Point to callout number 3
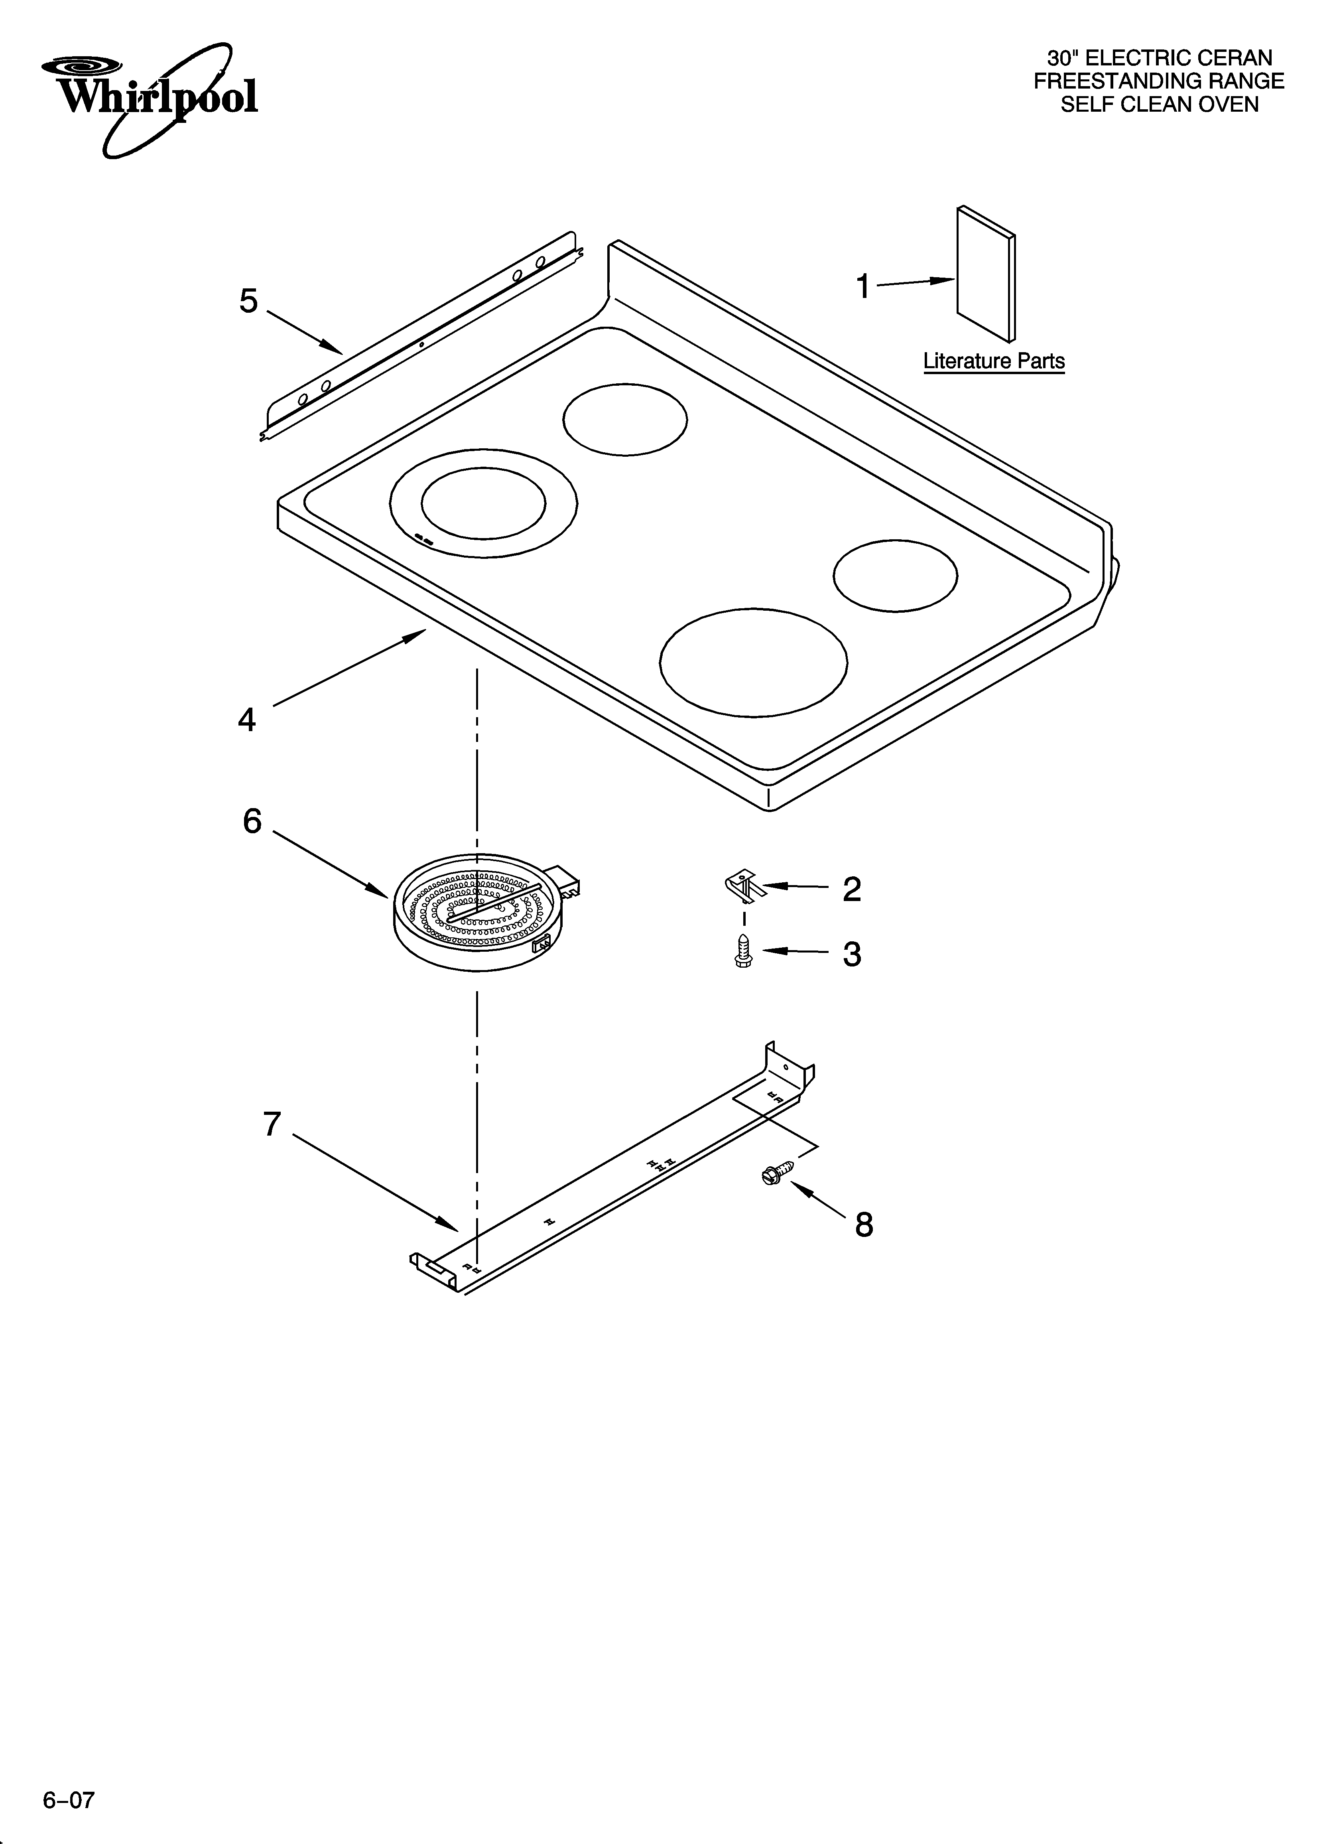[851, 954]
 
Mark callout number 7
[272, 1124]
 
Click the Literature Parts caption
[994, 361]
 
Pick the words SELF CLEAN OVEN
[1160, 105]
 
